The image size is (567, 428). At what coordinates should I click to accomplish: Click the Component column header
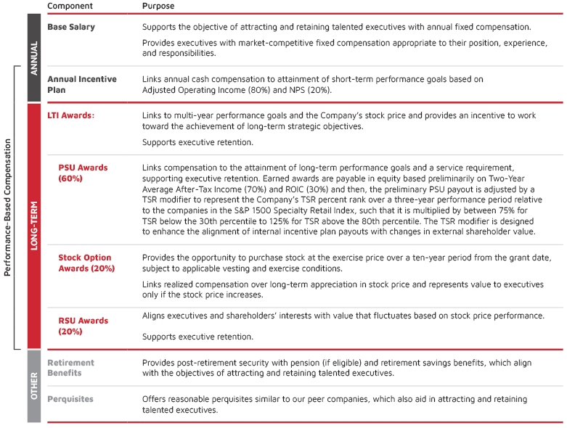(70, 6)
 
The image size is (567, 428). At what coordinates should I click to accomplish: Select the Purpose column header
(158, 6)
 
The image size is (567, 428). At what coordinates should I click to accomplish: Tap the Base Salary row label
(71, 28)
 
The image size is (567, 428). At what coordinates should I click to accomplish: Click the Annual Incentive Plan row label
(81, 85)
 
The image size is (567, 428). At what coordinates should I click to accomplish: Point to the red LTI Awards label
(70, 115)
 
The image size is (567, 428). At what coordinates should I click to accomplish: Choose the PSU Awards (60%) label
(83, 173)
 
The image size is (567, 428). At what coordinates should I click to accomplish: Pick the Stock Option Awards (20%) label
(86, 263)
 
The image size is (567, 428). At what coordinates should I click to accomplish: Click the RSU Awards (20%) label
(83, 326)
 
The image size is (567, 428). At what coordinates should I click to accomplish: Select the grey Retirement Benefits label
(71, 368)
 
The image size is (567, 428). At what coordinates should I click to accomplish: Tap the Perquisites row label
(70, 399)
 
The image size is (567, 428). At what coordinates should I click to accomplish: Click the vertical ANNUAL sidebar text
(34, 57)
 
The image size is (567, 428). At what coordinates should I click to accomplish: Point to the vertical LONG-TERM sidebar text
(34, 226)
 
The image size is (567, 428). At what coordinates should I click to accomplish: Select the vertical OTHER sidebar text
(34, 386)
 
